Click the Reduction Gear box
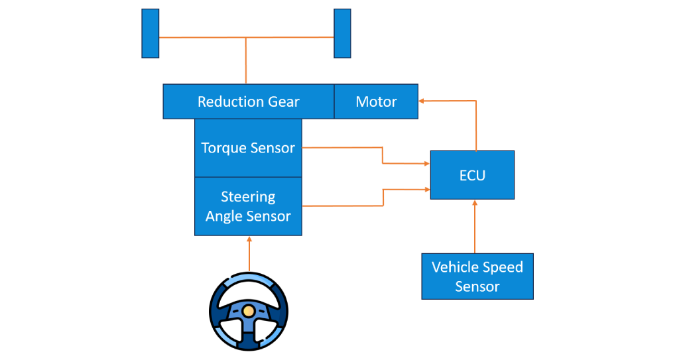[248, 101]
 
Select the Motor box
[376, 101]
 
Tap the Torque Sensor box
[248, 148]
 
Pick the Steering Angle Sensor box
[248, 206]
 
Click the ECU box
[472, 175]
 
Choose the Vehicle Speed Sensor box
[477, 276]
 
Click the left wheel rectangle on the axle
[151, 33]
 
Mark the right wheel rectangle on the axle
[342, 33]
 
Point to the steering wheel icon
[249, 311]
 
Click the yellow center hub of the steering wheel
[249, 310]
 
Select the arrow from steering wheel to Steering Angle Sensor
[249, 255]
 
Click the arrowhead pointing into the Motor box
[422, 101]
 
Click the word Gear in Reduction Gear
[284, 101]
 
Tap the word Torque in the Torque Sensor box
[224, 148]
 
